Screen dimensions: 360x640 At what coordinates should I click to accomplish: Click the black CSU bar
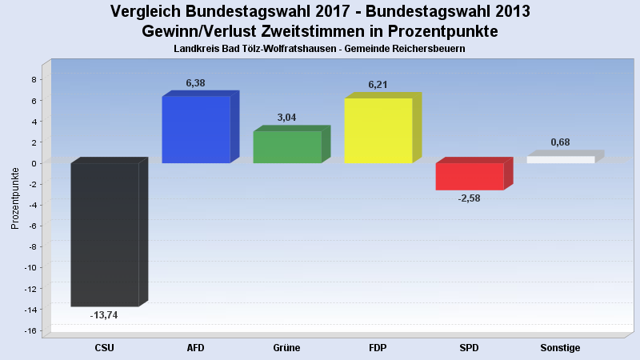105,234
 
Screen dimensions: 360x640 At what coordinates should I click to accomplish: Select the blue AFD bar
196,130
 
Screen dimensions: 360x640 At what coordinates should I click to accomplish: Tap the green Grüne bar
287,147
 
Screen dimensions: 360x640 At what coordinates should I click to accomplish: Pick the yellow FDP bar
378,130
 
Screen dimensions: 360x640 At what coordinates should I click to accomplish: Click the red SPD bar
470,177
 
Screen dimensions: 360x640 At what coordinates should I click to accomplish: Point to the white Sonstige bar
561,160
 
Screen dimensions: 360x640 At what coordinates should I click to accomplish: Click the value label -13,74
104,315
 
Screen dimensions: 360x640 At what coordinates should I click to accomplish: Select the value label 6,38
196,82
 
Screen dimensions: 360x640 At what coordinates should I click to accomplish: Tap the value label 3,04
286,118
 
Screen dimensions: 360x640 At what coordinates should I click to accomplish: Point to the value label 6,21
378,84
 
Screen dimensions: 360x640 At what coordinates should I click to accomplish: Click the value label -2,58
469,198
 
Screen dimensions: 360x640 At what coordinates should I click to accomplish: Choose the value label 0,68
560,142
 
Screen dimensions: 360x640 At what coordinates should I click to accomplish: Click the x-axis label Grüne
286,348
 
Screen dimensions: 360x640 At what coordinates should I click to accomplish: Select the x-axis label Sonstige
560,348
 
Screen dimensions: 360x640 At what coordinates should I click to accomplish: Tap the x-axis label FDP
378,348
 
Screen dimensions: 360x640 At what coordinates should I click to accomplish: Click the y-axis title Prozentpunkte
15,198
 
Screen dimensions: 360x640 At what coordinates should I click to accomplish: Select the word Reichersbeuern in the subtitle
429,49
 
